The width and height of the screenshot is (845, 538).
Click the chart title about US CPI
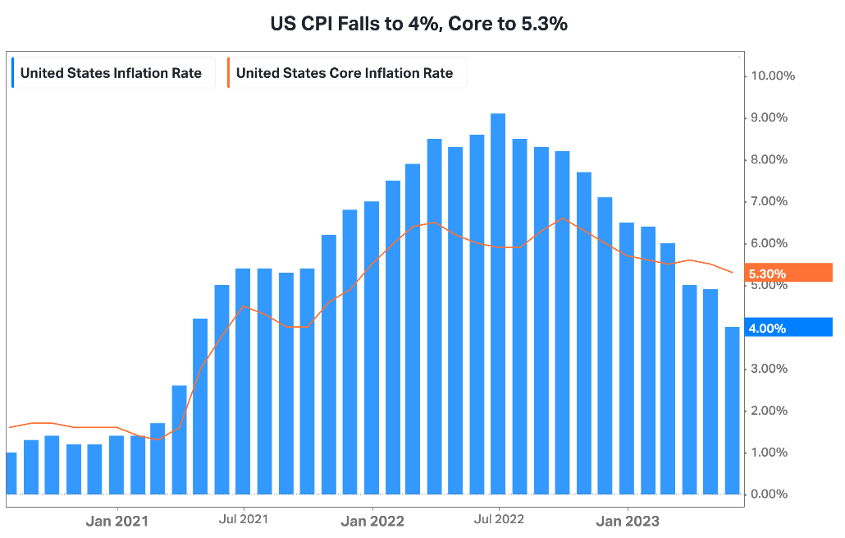click(x=418, y=24)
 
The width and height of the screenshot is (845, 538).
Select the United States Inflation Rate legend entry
click(x=111, y=73)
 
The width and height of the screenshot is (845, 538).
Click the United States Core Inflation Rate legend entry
click(x=344, y=73)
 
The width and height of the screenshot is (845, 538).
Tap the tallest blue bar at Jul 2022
click(x=498, y=304)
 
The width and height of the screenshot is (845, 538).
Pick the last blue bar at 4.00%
click(x=732, y=411)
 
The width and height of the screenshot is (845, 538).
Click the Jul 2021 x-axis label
click(x=244, y=519)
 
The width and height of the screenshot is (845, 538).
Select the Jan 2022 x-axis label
click(x=372, y=520)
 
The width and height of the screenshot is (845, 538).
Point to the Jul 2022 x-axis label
click(x=499, y=519)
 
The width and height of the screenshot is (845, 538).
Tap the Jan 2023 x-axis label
click(x=627, y=520)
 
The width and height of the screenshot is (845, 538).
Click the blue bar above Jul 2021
click(x=244, y=381)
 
